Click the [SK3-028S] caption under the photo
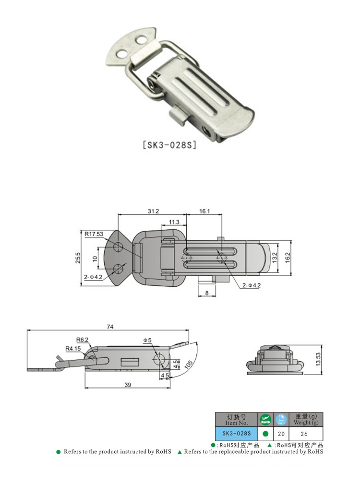(169, 145)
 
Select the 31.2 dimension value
(152, 212)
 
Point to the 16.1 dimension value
(204, 212)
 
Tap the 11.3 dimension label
(174, 222)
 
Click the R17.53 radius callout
(94, 234)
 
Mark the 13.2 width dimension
(275, 258)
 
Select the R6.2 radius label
(82, 339)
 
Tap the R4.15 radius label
(73, 348)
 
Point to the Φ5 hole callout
(147, 341)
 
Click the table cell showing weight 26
(305, 434)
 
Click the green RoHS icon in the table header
(265, 419)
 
